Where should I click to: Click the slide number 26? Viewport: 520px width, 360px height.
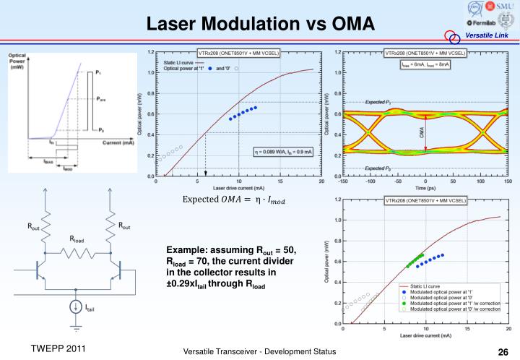(503, 352)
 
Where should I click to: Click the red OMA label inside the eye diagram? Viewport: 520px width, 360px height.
(422, 133)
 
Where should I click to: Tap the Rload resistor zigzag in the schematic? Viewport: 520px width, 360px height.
(77, 253)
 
